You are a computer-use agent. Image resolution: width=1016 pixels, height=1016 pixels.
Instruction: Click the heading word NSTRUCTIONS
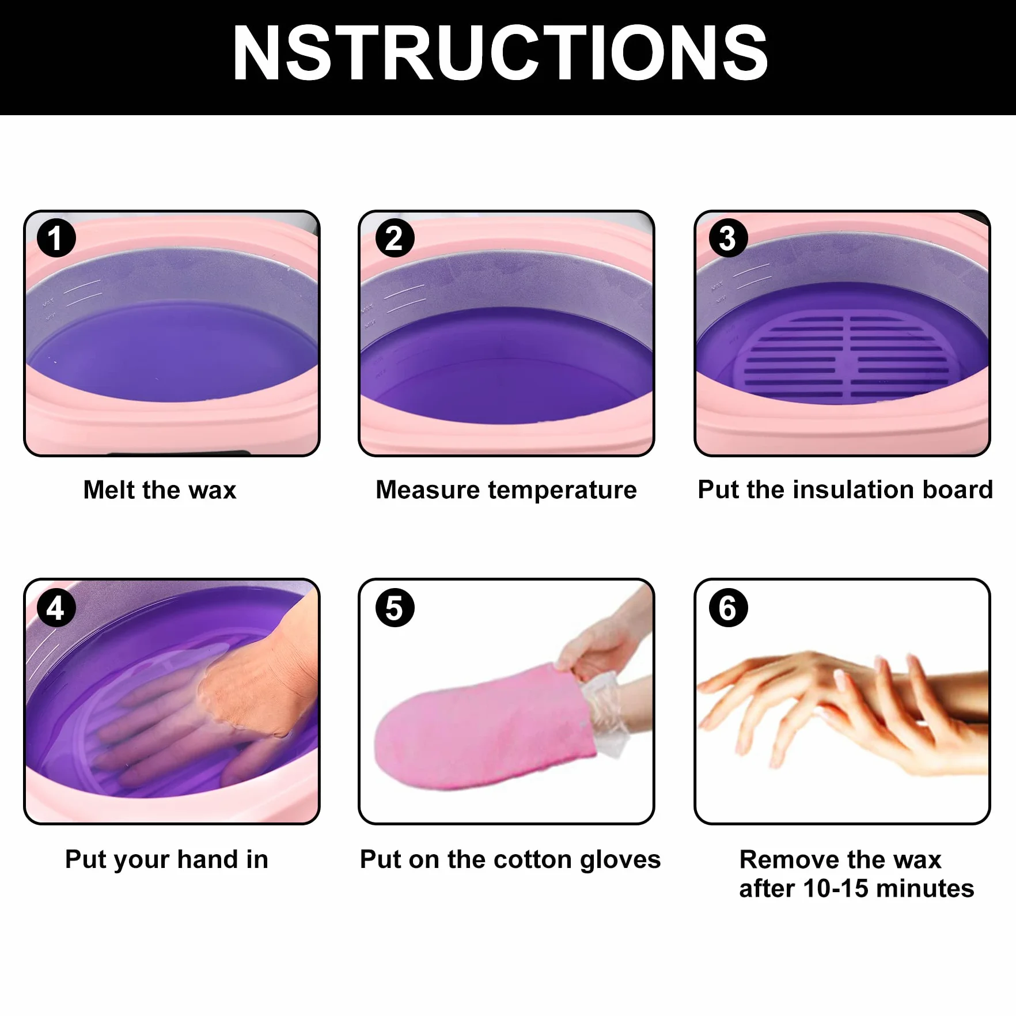click(500, 54)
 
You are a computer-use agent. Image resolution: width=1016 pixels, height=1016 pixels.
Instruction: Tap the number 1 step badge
click(56, 238)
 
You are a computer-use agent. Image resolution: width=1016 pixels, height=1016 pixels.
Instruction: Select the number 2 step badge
click(395, 238)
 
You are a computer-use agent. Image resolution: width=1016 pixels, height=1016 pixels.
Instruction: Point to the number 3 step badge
click(729, 238)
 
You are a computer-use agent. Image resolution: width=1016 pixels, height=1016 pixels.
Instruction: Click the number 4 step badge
click(56, 608)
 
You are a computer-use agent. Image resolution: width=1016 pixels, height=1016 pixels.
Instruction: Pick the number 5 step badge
click(395, 608)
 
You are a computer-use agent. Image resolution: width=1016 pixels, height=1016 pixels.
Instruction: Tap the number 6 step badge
click(729, 608)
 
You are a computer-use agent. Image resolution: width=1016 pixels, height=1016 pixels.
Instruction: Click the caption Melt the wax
click(160, 490)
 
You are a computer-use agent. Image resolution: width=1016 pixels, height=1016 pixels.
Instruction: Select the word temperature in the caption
click(562, 491)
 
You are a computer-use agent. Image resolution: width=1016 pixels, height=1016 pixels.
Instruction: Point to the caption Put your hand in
click(166, 860)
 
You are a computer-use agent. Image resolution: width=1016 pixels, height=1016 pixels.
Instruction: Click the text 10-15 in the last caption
click(835, 889)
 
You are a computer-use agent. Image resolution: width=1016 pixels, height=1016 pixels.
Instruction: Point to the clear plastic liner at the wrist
click(605, 714)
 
